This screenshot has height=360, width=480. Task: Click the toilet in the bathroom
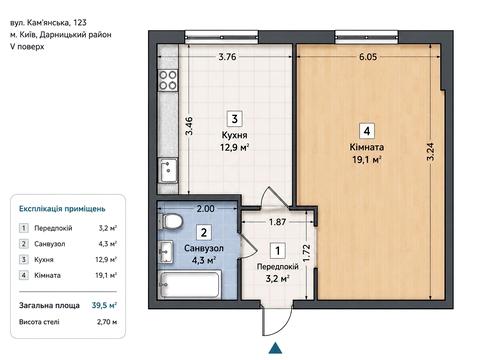172,221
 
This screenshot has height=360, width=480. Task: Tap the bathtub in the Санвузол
190,284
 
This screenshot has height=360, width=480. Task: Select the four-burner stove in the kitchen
168,80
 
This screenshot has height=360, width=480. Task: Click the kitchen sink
168,170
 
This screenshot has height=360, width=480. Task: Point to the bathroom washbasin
166,252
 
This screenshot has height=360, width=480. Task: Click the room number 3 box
234,119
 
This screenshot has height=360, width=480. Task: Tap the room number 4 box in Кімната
367,131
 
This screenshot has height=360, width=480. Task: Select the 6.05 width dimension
368,57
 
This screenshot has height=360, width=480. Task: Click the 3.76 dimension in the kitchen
227,57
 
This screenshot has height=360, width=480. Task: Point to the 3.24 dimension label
430,152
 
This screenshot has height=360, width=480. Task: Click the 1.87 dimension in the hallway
277,222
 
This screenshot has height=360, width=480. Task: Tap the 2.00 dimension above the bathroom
205,209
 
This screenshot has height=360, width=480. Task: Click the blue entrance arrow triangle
275,348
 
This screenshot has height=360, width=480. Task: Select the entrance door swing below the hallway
276,319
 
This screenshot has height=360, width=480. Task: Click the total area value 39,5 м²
104,305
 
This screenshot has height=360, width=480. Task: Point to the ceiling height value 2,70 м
107,322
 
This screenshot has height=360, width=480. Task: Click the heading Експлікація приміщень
62,209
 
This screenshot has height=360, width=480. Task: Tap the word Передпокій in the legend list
53,228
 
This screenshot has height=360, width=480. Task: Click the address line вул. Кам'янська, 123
49,23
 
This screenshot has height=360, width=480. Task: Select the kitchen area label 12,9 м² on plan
235,147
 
